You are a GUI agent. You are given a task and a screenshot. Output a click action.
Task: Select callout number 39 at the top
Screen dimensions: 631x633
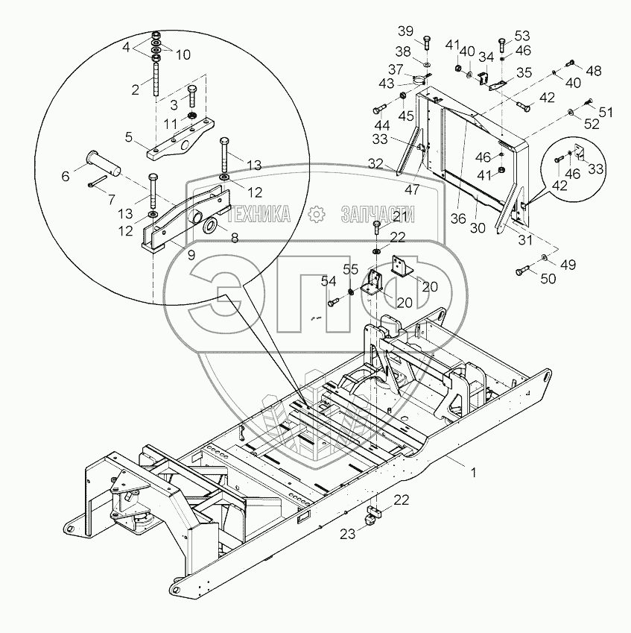(404, 31)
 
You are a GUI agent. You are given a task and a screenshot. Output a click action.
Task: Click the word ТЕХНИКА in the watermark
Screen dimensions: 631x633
(259, 215)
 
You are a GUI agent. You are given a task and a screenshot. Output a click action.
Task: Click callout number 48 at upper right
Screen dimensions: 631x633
(593, 72)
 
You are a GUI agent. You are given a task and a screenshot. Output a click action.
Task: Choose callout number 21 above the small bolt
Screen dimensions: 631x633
(400, 216)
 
